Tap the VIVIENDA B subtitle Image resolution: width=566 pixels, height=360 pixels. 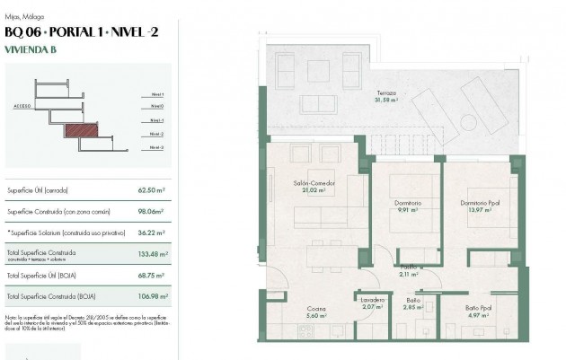(30, 50)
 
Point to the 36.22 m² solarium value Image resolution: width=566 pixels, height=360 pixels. (154, 233)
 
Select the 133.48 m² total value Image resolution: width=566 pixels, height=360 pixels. (153, 253)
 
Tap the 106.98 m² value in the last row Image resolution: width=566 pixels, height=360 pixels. (153, 295)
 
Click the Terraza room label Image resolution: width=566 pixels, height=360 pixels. (387, 96)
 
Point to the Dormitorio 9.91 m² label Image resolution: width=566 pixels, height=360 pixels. (407, 206)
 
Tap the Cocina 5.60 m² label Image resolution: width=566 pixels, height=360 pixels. (314, 312)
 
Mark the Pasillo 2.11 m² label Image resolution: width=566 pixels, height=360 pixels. (408, 270)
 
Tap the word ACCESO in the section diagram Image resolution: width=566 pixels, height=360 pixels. (22, 106)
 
